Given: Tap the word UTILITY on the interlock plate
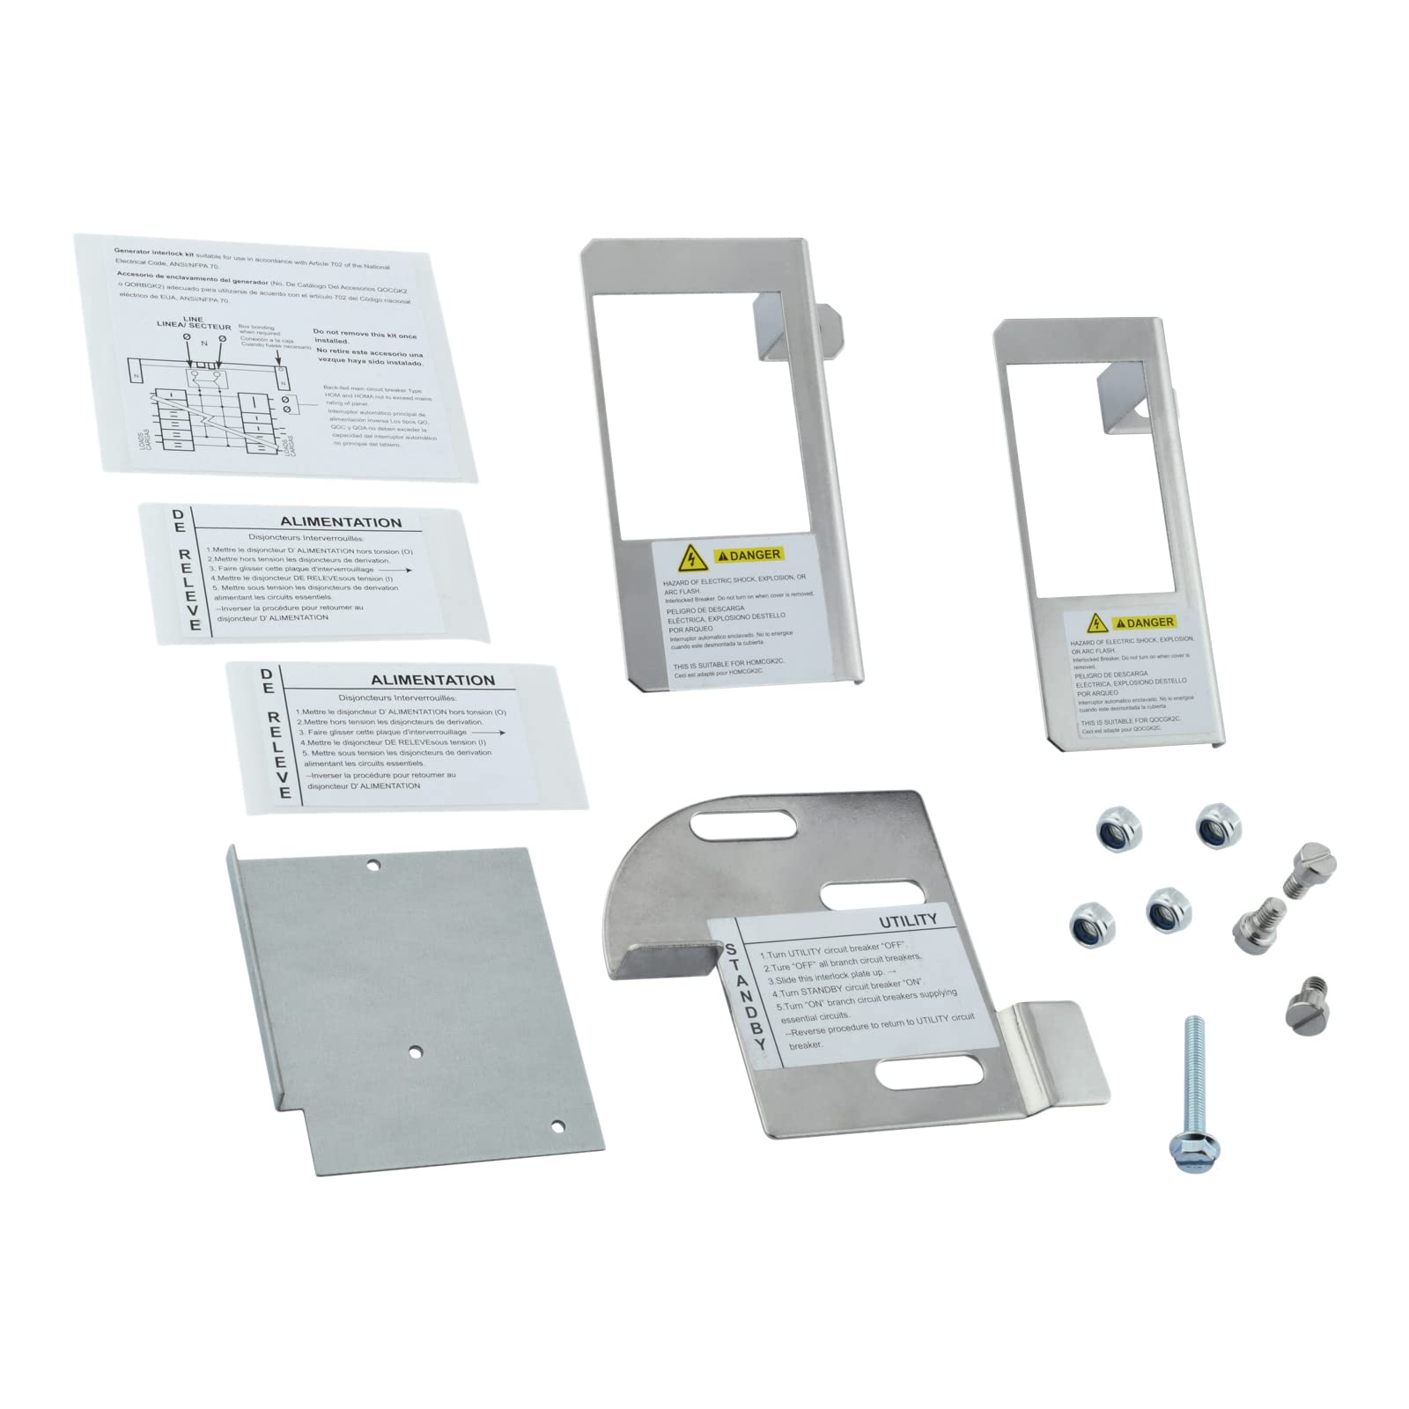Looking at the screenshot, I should coord(908,920).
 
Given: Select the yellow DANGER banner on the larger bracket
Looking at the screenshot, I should coord(749,555).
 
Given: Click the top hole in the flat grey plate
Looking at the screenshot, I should coord(373,865).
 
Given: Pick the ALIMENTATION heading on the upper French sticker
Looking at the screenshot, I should coord(340,522).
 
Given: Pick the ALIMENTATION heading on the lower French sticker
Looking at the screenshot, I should coord(432,680).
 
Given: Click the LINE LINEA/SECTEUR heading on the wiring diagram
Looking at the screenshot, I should coord(193,323).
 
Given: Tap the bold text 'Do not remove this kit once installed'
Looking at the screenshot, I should coord(365,336).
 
